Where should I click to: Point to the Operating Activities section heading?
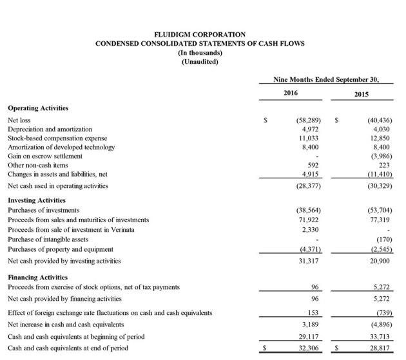(38, 108)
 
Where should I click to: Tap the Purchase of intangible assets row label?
(48, 238)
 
